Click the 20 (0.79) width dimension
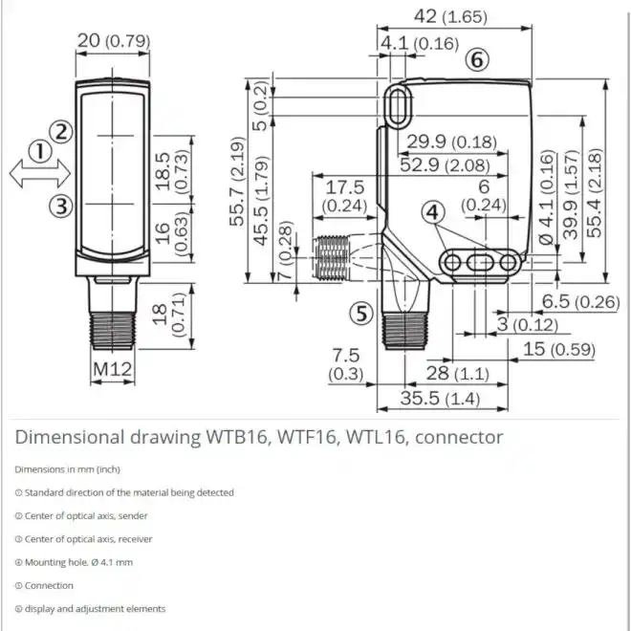(114, 41)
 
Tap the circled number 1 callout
(40, 152)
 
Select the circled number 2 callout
(61, 132)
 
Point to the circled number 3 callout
(61, 207)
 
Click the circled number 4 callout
(433, 212)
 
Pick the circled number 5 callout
(361, 314)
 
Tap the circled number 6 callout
(477, 60)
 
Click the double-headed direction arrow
(40, 174)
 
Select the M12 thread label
(112, 369)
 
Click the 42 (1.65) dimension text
(450, 16)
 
